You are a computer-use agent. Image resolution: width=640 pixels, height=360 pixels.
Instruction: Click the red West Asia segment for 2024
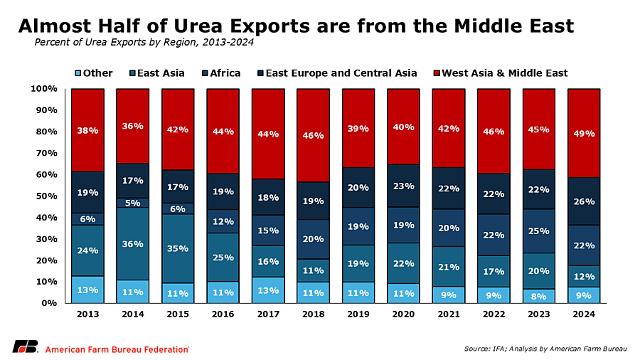pyautogui.click(x=584, y=133)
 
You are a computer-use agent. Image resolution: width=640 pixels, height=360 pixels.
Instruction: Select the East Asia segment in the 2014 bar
pyautogui.click(x=133, y=243)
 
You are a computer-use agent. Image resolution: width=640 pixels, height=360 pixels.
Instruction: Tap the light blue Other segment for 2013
pyautogui.click(x=87, y=290)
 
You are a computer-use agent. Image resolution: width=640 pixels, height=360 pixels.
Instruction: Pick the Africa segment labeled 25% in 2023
pyautogui.click(x=539, y=231)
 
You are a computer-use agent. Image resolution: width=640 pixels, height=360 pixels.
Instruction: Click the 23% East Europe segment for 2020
pyautogui.click(x=403, y=186)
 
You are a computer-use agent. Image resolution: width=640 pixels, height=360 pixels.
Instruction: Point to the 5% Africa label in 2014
pyautogui.click(x=133, y=203)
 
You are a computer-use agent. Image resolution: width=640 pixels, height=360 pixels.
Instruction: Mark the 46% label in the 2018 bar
pyautogui.click(x=313, y=135)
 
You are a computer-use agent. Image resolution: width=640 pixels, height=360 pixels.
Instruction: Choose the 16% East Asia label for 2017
pyautogui.click(x=268, y=262)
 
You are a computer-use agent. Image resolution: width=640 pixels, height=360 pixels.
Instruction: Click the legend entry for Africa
pyautogui.click(x=221, y=73)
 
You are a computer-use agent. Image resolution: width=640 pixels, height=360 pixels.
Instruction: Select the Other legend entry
pyautogui.click(x=94, y=73)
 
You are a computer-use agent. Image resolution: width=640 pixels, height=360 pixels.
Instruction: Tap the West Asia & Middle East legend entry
pyautogui.click(x=501, y=73)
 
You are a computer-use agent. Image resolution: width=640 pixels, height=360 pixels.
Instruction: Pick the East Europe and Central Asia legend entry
pyautogui.click(x=337, y=73)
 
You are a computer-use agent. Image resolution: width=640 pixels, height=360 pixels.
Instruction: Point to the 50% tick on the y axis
pyautogui.click(x=47, y=196)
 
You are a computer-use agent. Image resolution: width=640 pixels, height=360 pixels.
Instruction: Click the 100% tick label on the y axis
pyautogui.click(x=44, y=88)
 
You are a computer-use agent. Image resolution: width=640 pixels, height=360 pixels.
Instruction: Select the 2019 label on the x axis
pyautogui.click(x=358, y=314)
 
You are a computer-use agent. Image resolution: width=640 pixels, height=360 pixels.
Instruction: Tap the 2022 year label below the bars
pyautogui.click(x=494, y=314)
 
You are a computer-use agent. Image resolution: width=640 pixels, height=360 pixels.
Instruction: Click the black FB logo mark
pyautogui.click(x=26, y=346)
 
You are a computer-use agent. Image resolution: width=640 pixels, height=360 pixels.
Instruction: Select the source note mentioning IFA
pyautogui.click(x=545, y=349)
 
